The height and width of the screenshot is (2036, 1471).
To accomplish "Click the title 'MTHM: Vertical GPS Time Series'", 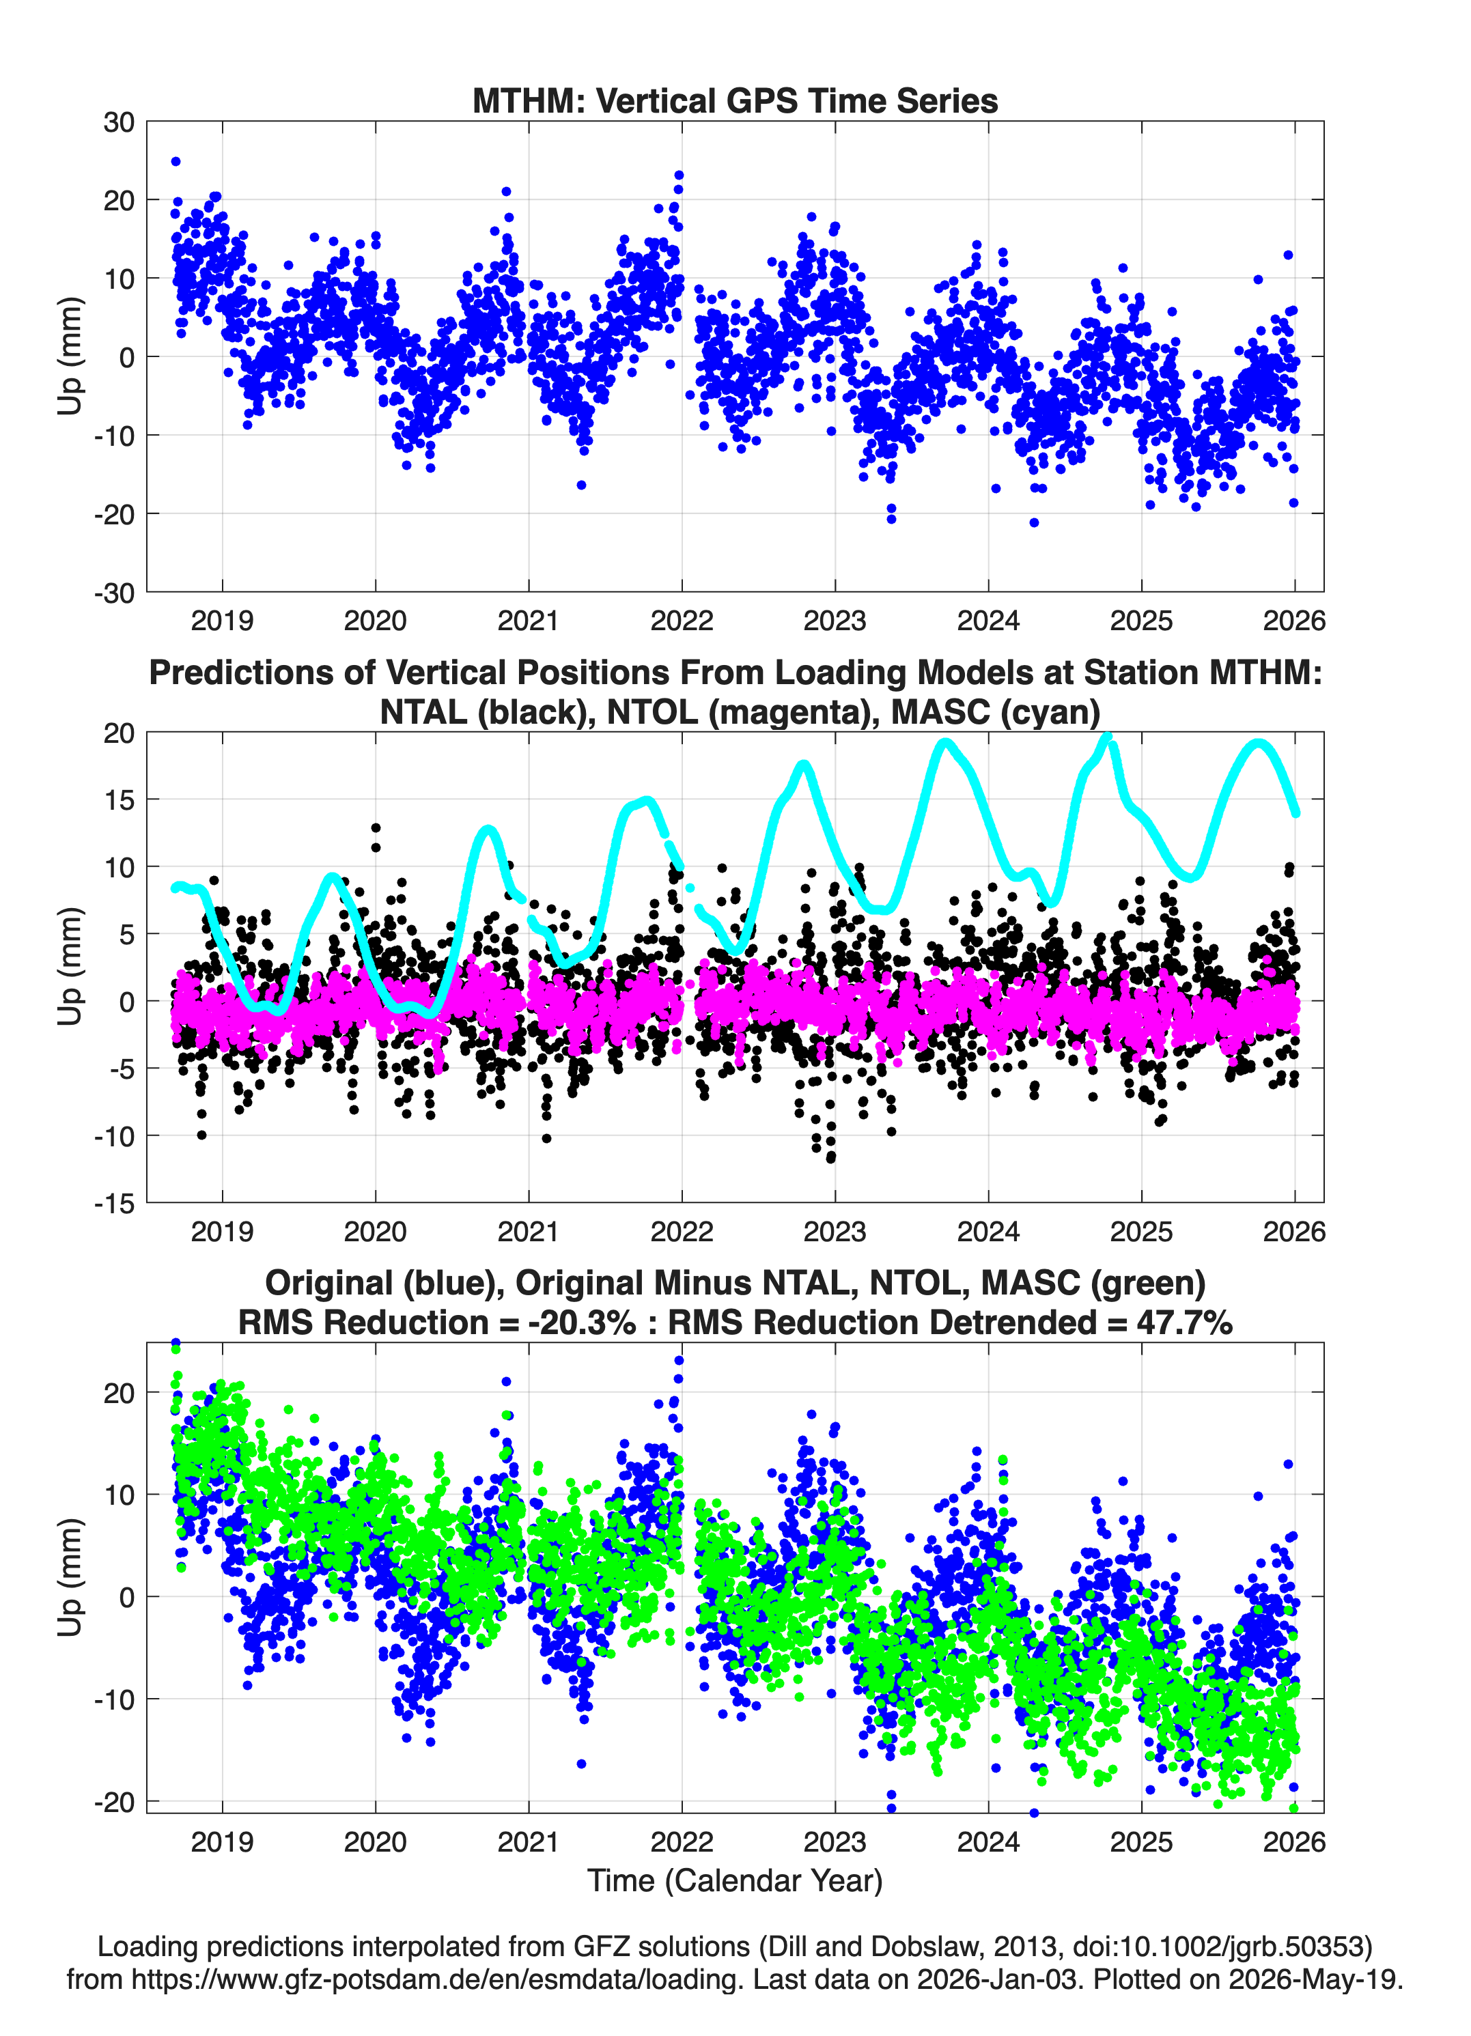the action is pos(735,100).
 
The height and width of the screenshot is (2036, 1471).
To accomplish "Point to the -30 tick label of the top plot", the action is pos(114,593).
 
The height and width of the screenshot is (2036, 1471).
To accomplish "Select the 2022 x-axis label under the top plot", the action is pos(682,621).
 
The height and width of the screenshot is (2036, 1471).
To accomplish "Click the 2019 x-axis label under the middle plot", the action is pos(222,1231).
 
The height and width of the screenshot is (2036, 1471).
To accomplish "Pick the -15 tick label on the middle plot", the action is pos(114,1203).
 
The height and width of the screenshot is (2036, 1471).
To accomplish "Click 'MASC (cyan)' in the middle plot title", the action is pos(995,712).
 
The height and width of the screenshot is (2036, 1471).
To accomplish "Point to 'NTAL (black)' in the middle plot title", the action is pos(486,712).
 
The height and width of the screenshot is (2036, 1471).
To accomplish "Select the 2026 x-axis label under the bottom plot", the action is pos(1294,1841).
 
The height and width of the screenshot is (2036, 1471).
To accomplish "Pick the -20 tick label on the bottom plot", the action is pos(114,1802).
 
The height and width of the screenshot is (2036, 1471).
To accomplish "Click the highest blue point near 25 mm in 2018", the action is pos(176,162).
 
